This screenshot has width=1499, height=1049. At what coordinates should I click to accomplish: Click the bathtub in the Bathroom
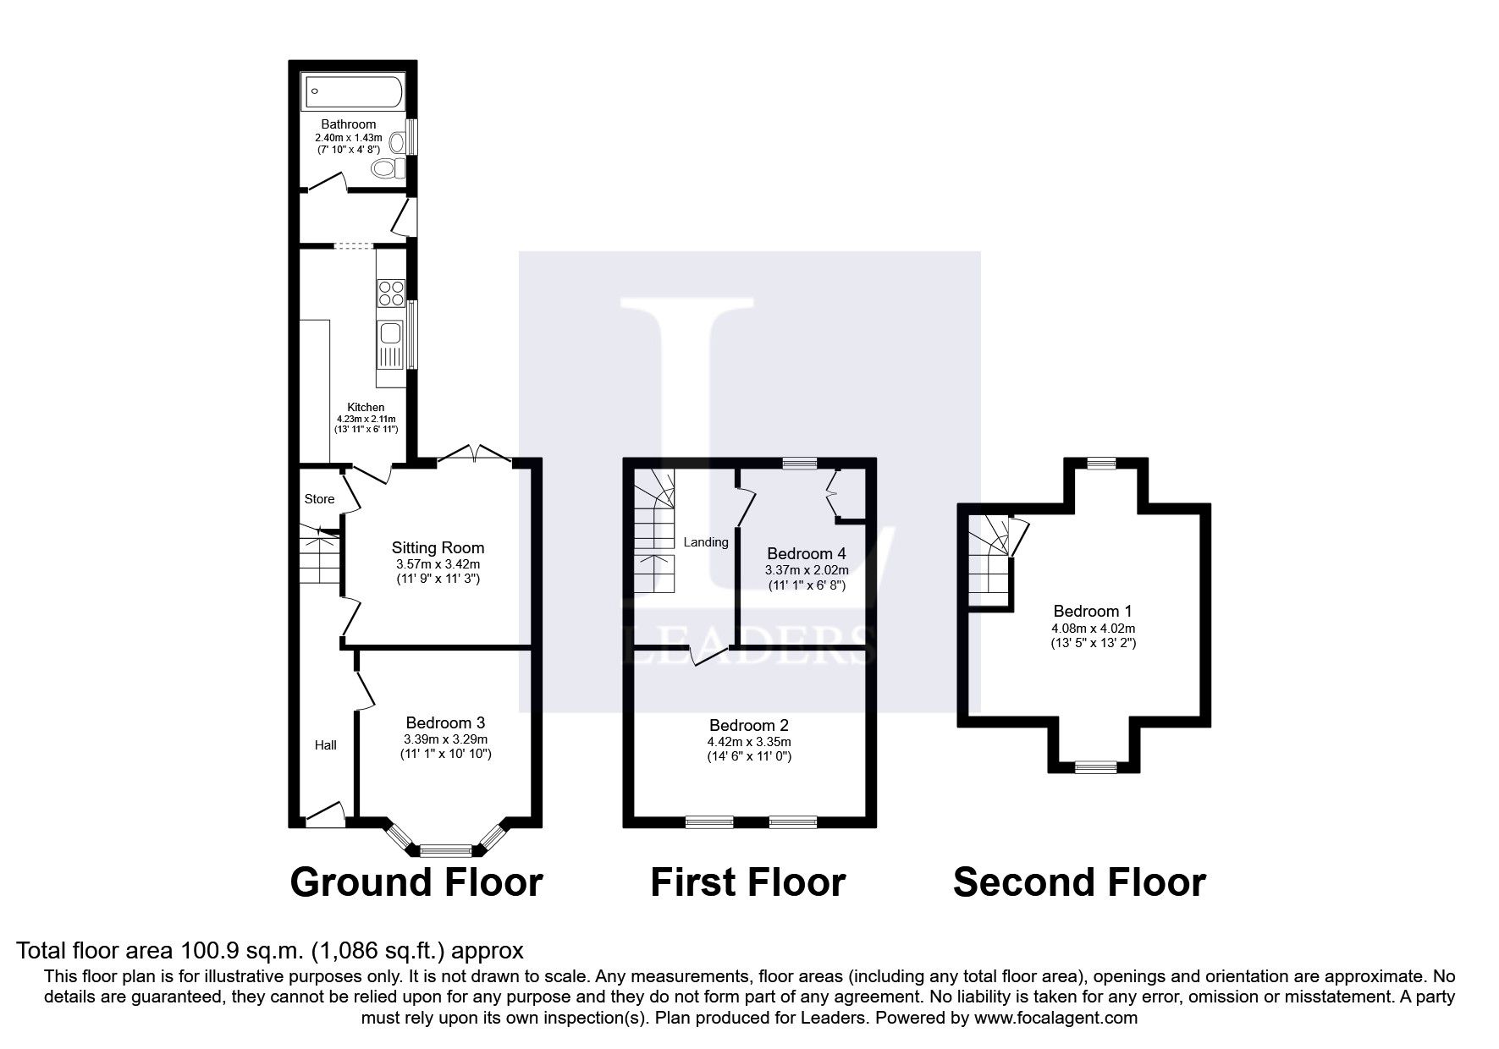(x=354, y=91)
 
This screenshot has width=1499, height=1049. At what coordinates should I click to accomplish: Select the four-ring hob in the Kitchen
(x=390, y=293)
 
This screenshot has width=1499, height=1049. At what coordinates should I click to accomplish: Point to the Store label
(x=319, y=499)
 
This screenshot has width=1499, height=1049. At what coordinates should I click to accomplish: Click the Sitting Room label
(x=438, y=547)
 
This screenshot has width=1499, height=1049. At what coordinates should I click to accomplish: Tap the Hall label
(x=326, y=744)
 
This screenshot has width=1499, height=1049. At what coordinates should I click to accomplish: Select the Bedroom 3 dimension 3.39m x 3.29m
(x=445, y=739)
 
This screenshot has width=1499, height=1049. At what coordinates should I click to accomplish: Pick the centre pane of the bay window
(x=445, y=850)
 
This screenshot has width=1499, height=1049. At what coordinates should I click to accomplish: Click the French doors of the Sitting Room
(x=474, y=454)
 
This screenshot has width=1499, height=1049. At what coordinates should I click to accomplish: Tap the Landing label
(x=706, y=542)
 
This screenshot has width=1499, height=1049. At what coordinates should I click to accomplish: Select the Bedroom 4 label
(x=806, y=553)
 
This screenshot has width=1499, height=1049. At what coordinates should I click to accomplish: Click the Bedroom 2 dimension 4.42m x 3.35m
(x=749, y=741)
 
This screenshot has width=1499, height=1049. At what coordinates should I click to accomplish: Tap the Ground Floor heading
(x=416, y=882)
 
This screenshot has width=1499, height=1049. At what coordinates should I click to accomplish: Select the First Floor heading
(x=747, y=882)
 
